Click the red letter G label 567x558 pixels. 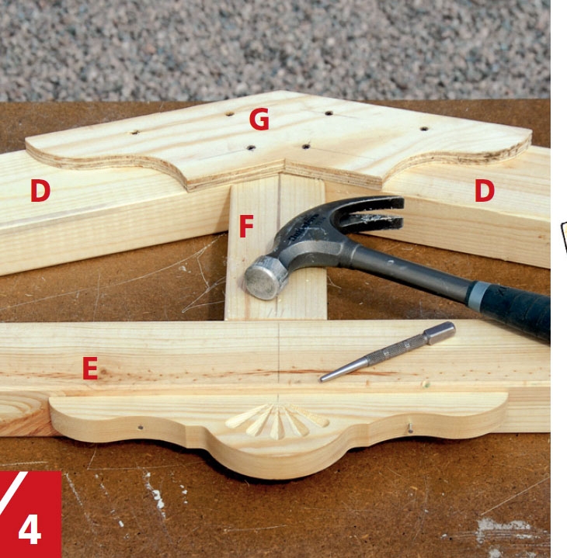pyautogui.click(x=259, y=119)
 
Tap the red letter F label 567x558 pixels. pyautogui.click(x=246, y=226)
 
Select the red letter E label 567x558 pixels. pyautogui.click(x=90, y=368)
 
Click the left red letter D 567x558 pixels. pyautogui.click(x=40, y=190)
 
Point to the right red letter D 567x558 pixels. pyautogui.click(x=485, y=190)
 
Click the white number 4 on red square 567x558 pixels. pyautogui.click(x=30, y=529)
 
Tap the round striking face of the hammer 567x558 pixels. pyautogui.click(x=263, y=279)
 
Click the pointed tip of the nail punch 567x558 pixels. pyautogui.click(x=321, y=380)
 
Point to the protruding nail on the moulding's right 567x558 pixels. pyautogui.click(x=410, y=428)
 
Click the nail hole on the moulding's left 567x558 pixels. pyautogui.click(x=141, y=427)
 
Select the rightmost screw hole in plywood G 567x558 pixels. pyautogui.click(x=424, y=128)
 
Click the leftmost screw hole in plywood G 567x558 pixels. pyautogui.click(x=135, y=132)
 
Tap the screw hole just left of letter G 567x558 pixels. pyautogui.click(x=230, y=114)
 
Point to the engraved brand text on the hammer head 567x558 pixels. pyautogui.click(x=304, y=227)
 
